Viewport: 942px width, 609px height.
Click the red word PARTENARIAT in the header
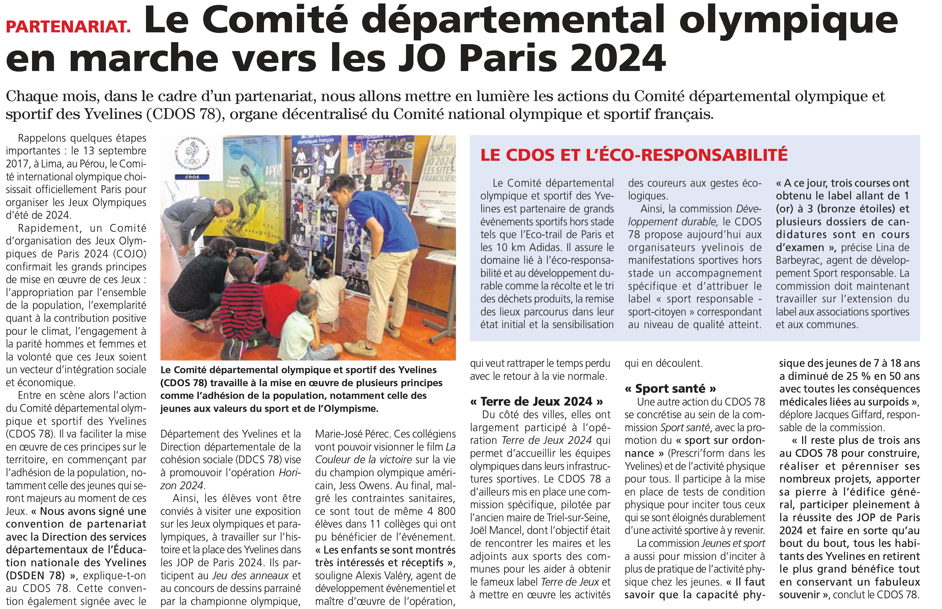68,27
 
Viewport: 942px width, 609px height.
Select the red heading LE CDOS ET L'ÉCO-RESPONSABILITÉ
634,155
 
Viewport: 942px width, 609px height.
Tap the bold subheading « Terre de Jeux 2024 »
536,402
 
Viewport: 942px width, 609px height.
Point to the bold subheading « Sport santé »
670,389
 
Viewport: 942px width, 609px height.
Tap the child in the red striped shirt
241,312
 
